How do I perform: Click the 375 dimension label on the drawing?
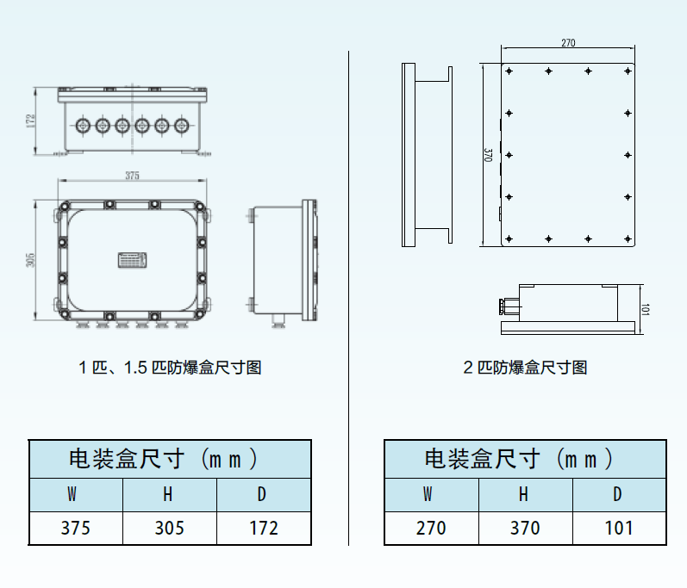133,176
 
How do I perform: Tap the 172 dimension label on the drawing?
30,121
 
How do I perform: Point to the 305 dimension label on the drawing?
30,260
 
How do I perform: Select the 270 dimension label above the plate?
568,42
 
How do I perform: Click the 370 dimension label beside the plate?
488,155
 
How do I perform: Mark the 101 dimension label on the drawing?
646,309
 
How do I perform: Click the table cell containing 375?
76,528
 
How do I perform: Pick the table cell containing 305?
170,528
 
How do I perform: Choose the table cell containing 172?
264,528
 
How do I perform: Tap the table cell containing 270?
432,528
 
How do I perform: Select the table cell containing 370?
525,528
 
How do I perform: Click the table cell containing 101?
619,528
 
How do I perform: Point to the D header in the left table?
262,494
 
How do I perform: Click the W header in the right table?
428,494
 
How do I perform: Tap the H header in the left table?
168,494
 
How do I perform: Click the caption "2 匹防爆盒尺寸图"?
525,368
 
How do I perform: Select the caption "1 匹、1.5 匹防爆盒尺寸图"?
170,368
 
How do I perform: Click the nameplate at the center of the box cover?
133,260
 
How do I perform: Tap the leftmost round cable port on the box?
83,126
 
